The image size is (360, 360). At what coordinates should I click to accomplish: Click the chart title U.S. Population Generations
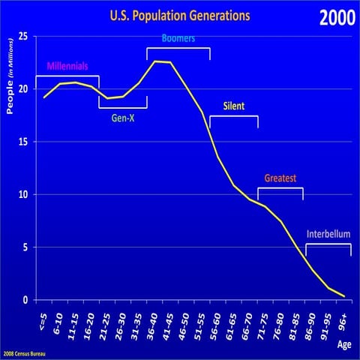[x=180, y=16]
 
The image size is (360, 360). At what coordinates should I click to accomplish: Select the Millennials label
[x=67, y=66]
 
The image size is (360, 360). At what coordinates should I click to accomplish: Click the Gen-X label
[x=123, y=118]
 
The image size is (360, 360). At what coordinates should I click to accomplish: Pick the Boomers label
[x=178, y=38]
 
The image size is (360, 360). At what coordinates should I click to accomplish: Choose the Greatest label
[x=280, y=178]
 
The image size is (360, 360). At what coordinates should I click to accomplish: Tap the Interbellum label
[x=328, y=234]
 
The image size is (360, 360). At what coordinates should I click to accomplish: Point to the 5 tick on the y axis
[x=26, y=247]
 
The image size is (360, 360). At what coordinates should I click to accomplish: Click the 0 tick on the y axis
[x=26, y=300]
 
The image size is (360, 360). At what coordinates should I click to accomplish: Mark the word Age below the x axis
[x=342, y=346]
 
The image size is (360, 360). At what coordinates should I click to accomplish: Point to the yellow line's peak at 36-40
[x=156, y=61]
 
